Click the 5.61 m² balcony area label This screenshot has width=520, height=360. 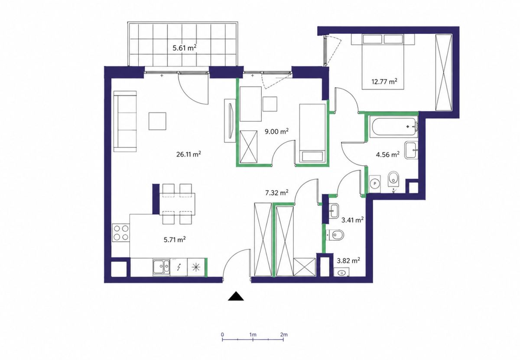tap(185, 48)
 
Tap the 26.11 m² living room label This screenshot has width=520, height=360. tap(188, 154)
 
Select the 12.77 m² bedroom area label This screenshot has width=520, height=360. tap(384, 82)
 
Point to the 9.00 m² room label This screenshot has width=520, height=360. tap(277, 131)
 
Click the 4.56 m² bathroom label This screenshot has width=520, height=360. tap(388, 154)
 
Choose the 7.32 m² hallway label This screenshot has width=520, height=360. tap(277, 193)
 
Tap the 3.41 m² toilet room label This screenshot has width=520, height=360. tap(352, 219)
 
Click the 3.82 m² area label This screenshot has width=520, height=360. tap(348, 261)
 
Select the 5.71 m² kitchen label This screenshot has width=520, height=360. tap(175, 239)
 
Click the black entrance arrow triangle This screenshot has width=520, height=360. tap(236, 296)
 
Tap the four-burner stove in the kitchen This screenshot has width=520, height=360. tap(121, 232)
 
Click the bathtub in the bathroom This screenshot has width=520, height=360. tap(395, 127)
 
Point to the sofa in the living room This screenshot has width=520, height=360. tap(125, 121)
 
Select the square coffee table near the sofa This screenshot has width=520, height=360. tap(157, 121)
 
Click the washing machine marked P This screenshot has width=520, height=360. tap(374, 184)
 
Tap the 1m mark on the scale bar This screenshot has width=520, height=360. tap(253, 340)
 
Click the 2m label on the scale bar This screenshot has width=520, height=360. tap(284, 335)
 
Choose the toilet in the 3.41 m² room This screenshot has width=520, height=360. tap(335, 235)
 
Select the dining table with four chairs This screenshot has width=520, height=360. tap(177, 204)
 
